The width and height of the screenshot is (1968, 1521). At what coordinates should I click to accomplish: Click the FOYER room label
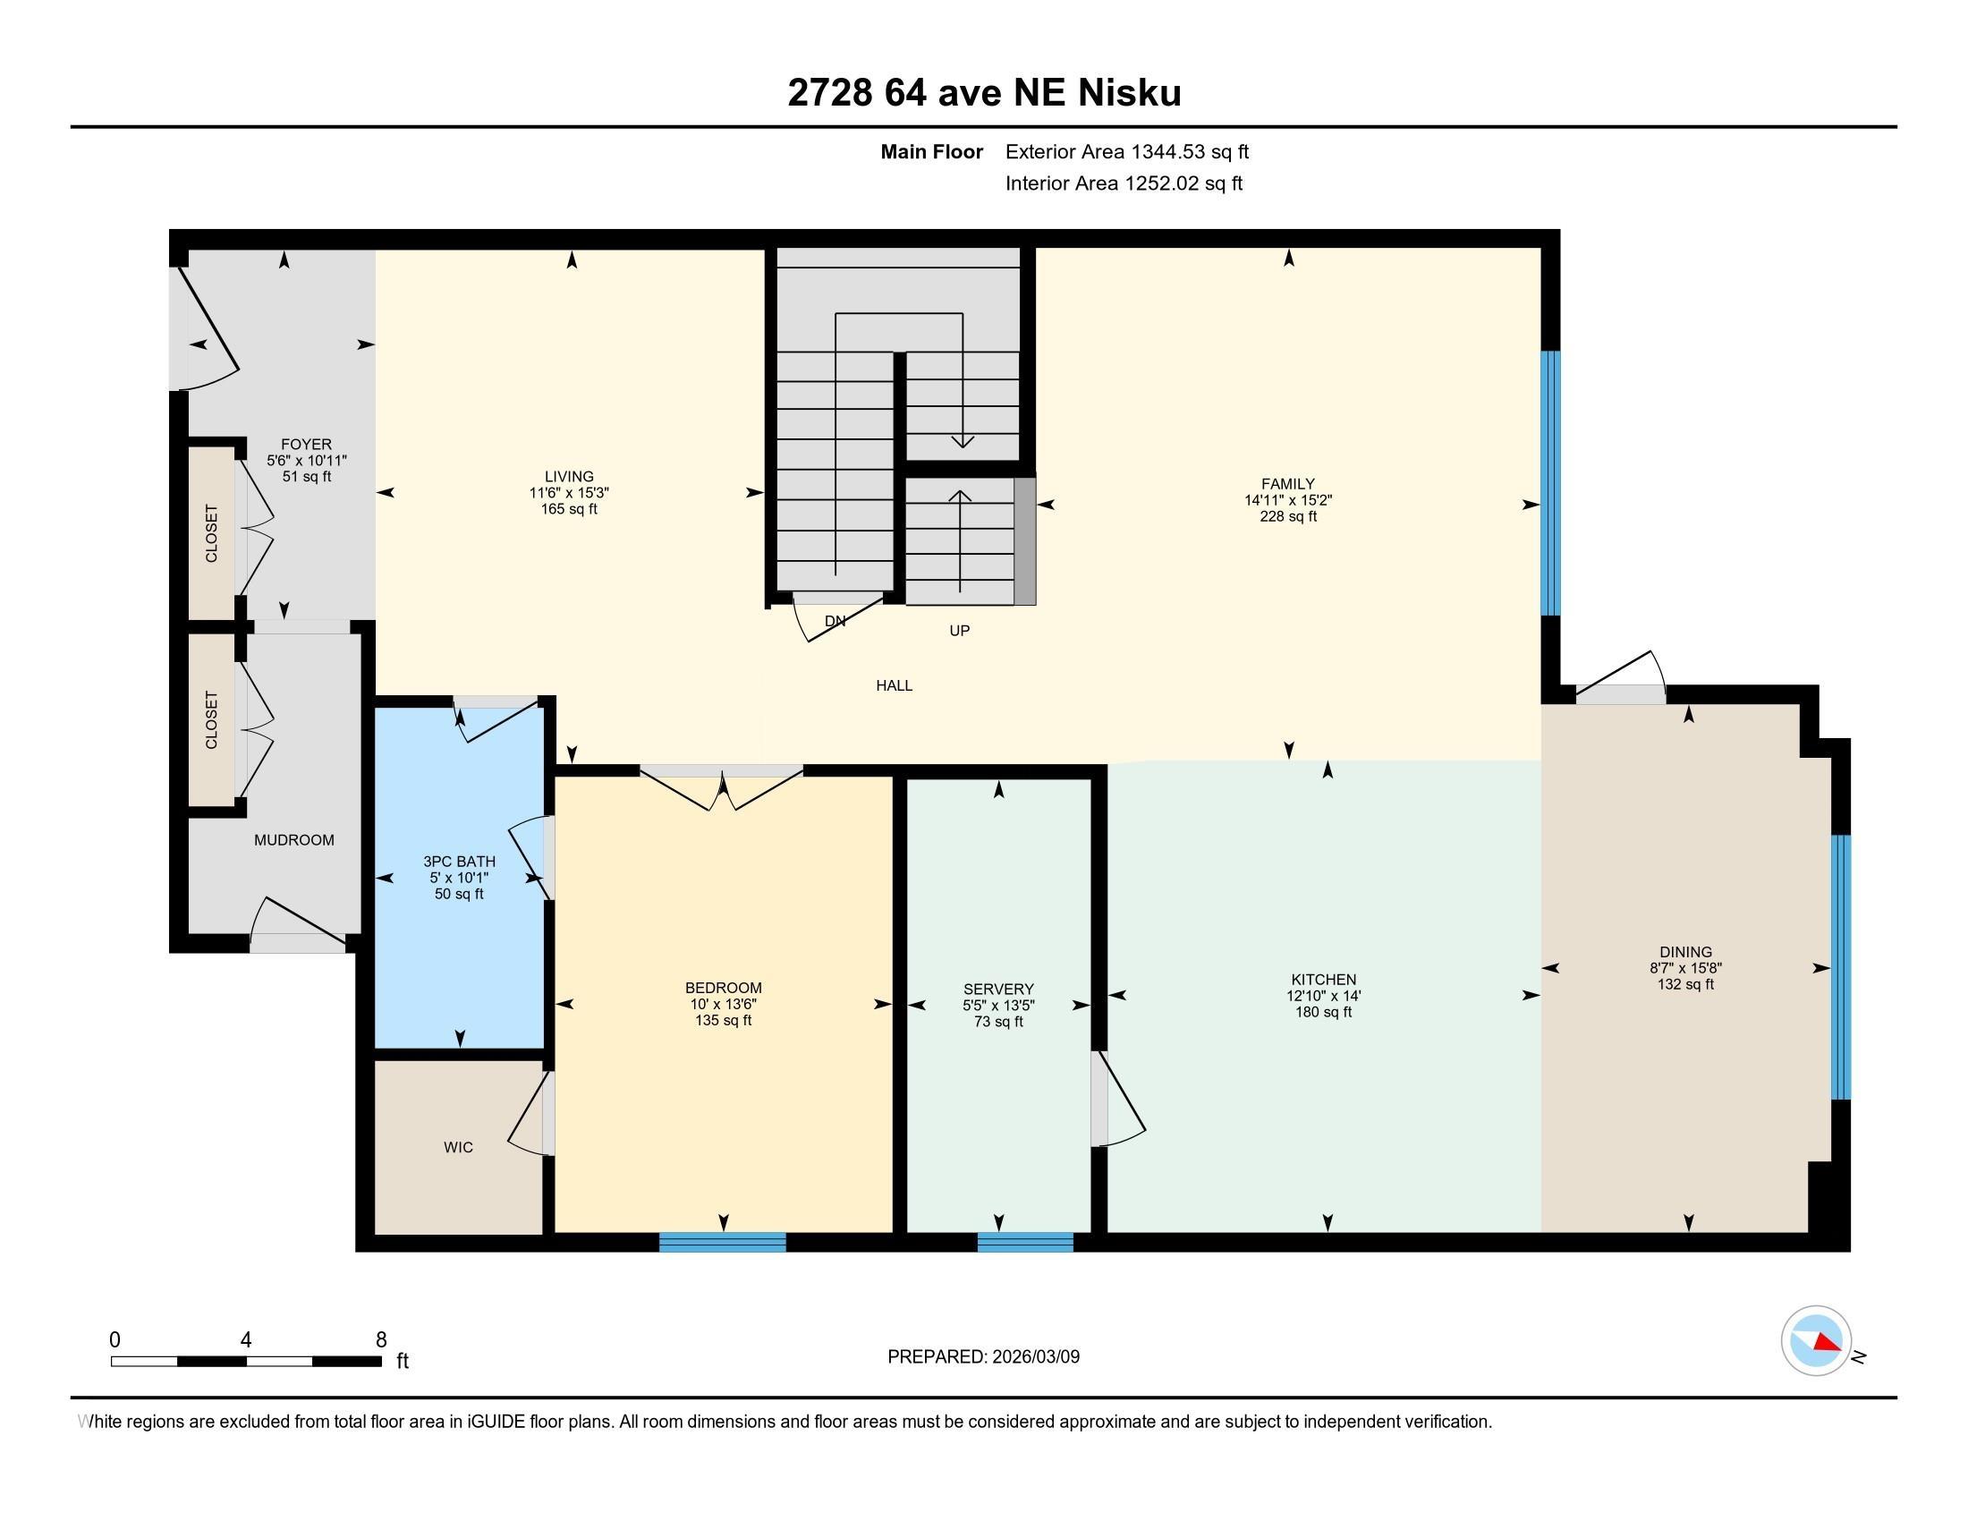305,445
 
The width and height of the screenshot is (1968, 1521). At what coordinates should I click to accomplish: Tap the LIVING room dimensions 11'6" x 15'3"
569,493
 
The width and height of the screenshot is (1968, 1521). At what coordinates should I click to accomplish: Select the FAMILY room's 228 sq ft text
1287,516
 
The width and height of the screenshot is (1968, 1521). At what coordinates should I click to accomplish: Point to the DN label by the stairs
835,621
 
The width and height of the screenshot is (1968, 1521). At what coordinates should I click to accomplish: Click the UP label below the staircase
959,631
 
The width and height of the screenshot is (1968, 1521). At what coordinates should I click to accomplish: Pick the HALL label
894,685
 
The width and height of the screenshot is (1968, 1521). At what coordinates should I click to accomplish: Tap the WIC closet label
458,1147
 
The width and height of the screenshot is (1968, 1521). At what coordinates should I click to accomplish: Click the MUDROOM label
293,840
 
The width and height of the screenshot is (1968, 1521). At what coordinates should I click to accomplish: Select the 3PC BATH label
459,862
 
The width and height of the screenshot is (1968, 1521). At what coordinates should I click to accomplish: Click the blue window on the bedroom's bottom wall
722,1242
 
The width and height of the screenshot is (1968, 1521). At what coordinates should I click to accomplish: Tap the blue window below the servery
1024,1242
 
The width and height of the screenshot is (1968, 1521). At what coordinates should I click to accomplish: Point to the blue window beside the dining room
1842,966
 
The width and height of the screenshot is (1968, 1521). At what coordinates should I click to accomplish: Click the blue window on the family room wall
1550,482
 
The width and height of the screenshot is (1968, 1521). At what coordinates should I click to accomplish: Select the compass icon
1816,1341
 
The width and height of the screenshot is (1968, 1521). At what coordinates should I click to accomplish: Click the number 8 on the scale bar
380,1339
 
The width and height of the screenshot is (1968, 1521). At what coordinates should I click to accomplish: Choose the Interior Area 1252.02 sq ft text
1123,183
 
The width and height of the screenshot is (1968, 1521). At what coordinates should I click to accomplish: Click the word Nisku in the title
1130,93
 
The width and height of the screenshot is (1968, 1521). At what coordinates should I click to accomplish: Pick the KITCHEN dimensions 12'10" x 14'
1323,996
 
